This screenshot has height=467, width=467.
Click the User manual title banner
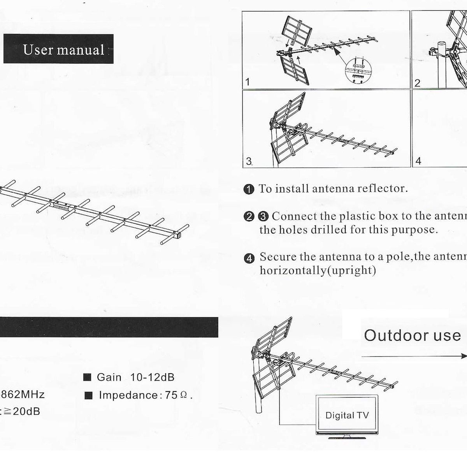pos(58,49)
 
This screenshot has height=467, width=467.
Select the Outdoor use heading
pos(412,335)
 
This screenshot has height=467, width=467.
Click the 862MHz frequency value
pos(22,394)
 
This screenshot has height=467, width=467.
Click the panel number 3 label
pos(249,161)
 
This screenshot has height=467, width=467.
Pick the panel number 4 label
pos(418,161)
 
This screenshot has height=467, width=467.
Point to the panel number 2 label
pos(418,83)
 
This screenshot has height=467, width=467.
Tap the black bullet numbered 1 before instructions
pos(249,190)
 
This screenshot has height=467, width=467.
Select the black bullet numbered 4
pos(249,258)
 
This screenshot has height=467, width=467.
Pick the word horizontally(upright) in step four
pos(318,270)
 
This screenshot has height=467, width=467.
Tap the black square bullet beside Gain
pos(88,377)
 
